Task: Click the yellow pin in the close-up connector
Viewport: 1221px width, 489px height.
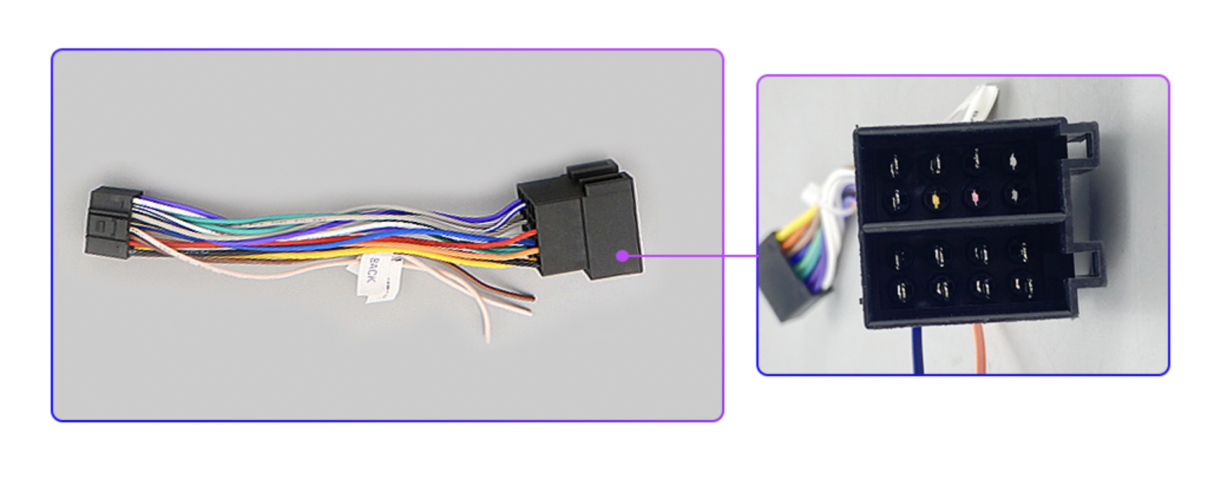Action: [935, 200]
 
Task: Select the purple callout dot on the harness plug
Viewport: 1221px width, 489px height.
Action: [622, 256]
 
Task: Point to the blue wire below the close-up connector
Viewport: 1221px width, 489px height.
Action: [917, 350]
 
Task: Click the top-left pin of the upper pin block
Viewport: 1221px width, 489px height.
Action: [895, 166]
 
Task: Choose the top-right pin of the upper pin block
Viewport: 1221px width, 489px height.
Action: [1013, 160]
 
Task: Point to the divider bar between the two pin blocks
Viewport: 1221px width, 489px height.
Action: [961, 223]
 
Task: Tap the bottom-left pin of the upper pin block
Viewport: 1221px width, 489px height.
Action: [897, 200]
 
